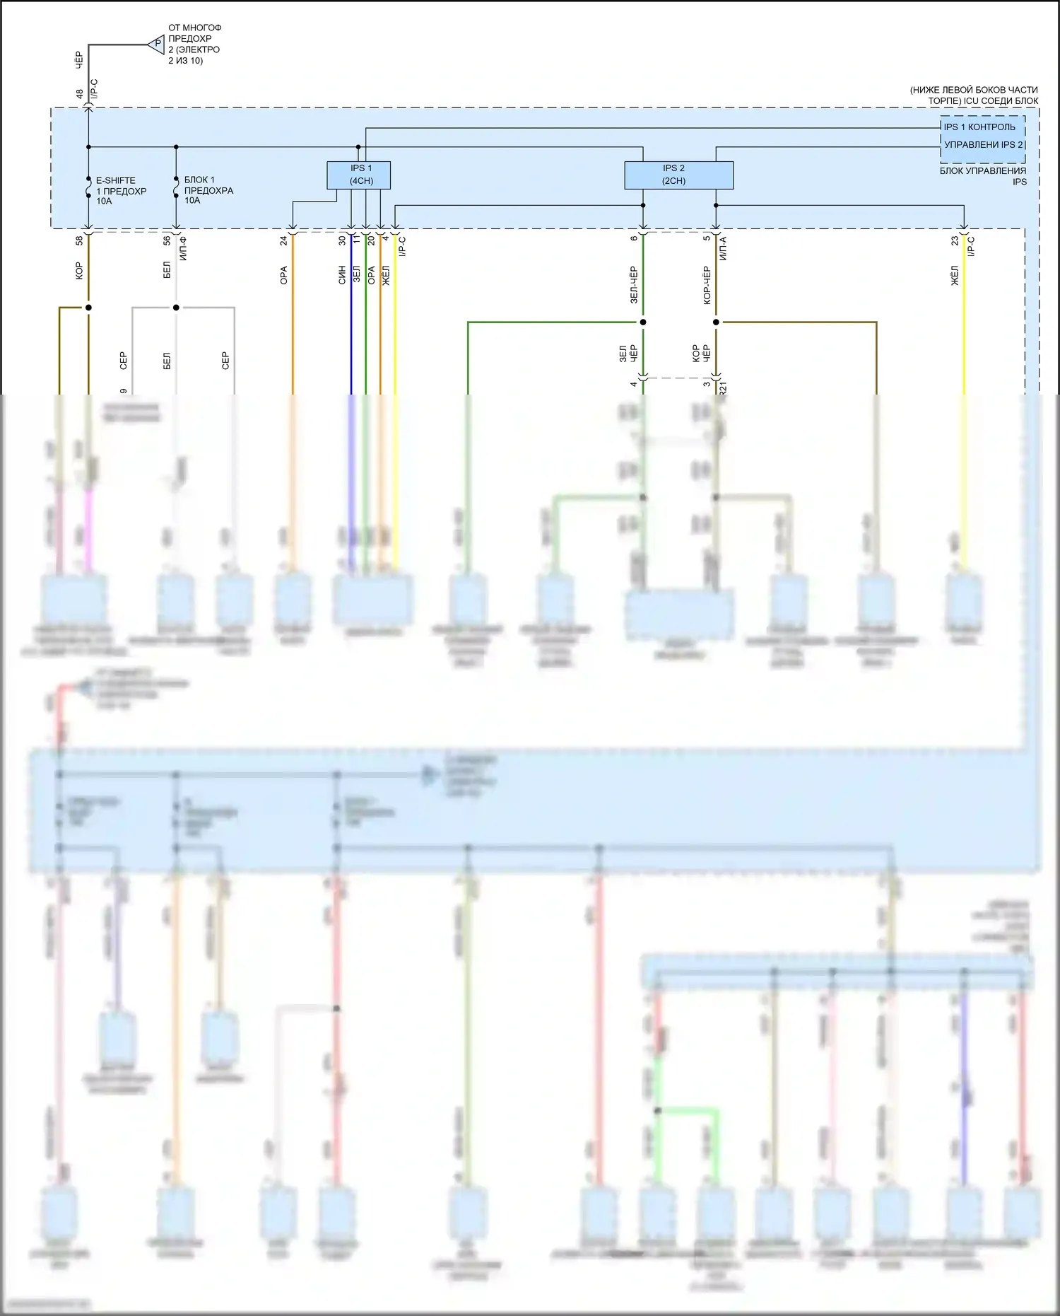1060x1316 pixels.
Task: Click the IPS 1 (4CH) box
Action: (x=358, y=175)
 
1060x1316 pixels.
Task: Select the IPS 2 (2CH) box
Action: (x=678, y=175)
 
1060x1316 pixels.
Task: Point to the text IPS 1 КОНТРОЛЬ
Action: (x=979, y=127)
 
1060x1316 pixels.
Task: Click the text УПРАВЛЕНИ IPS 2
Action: (x=983, y=145)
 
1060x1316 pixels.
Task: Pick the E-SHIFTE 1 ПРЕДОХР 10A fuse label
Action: (x=121, y=191)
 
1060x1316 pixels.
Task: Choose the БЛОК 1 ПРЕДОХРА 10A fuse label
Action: (x=208, y=190)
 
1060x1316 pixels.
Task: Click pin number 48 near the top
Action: (x=80, y=93)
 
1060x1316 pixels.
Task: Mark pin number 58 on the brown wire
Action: (x=79, y=240)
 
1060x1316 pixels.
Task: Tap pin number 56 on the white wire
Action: (x=167, y=240)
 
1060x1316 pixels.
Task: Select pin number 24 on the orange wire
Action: (x=283, y=240)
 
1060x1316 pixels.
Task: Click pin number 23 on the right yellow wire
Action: (x=955, y=240)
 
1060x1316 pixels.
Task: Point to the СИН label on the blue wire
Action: (x=342, y=275)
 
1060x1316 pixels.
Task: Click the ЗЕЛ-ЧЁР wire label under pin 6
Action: (x=633, y=285)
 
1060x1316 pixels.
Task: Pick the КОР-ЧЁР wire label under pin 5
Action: (x=707, y=285)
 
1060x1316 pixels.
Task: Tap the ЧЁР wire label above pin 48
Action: (x=79, y=59)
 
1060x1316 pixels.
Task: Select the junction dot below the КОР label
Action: (x=88, y=308)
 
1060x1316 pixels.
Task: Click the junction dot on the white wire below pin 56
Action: (x=176, y=308)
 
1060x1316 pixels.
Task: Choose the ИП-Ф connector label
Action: (x=183, y=249)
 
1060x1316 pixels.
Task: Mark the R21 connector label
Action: (x=723, y=388)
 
